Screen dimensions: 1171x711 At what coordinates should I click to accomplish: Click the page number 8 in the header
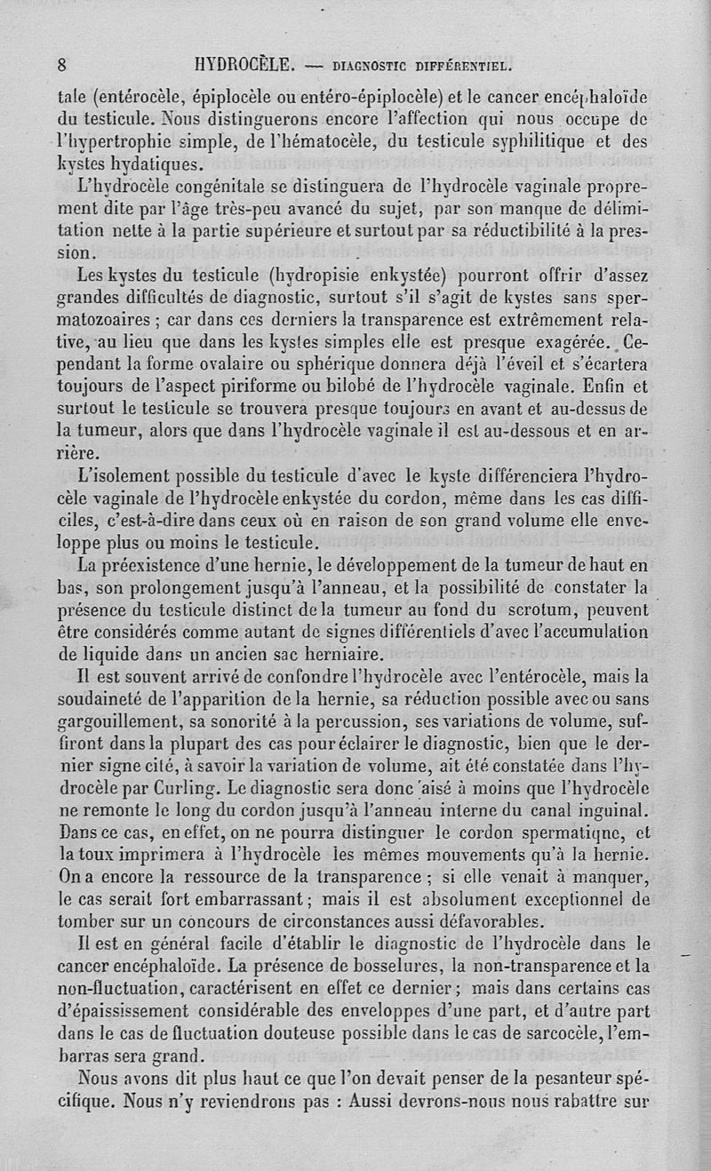coord(62,65)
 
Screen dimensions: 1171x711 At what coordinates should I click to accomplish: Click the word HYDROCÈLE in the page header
coord(245,65)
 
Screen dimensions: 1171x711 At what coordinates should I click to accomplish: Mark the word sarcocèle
coord(560,1033)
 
